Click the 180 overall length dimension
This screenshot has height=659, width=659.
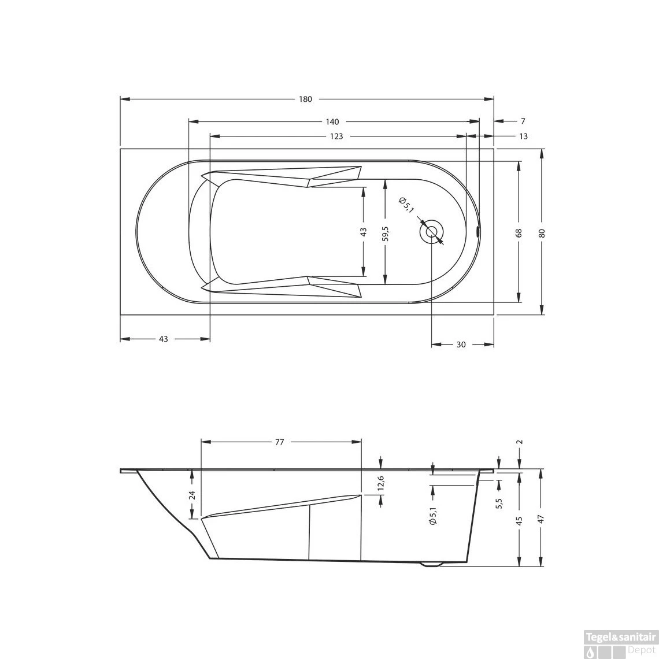tap(305, 99)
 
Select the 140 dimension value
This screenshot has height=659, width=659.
tap(332, 122)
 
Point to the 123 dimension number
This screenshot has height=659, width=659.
tap(336, 136)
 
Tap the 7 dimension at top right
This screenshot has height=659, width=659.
tap(523, 121)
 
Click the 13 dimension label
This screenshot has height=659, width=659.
tap(523, 136)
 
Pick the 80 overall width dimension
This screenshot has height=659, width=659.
tap(542, 232)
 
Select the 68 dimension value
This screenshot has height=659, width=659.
tap(519, 232)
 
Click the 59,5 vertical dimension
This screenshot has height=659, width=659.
tap(386, 232)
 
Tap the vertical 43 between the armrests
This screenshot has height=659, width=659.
tap(363, 232)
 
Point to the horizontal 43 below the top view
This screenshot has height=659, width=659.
tap(163, 339)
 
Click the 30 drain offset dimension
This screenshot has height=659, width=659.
tap(461, 345)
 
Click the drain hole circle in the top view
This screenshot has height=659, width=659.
tap(432, 232)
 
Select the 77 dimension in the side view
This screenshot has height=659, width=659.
tap(279, 442)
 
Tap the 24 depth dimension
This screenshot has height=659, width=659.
tap(192, 495)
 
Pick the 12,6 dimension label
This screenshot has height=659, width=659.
tap(380, 483)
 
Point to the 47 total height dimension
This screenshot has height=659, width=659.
tap(542, 519)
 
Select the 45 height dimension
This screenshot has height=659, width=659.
tap(519, 520)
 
